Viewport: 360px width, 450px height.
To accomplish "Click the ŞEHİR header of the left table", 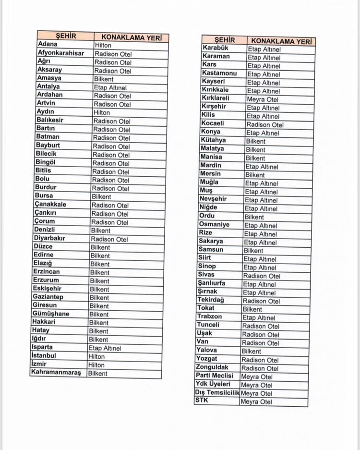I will point(66,36).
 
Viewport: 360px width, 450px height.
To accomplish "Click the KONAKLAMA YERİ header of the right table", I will point(281,41).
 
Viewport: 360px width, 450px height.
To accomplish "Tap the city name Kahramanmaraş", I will point(56,372).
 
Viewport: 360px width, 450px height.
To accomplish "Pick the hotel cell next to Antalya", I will point(110,87).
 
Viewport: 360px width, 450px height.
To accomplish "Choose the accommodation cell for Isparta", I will point(105,348).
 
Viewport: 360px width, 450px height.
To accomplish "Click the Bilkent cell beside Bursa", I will point(101,196).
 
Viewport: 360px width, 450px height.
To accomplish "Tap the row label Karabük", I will point(216,48).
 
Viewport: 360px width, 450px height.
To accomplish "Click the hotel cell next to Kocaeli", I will point(265,124).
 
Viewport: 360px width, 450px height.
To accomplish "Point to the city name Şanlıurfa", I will point(211,283).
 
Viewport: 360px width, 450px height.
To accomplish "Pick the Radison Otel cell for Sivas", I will point(262,276).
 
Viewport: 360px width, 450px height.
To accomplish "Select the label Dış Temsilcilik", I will point(217,392).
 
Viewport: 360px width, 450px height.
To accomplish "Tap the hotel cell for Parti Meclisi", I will point(256,377).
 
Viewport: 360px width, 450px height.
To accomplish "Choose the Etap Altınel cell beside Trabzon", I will point(259,317).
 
